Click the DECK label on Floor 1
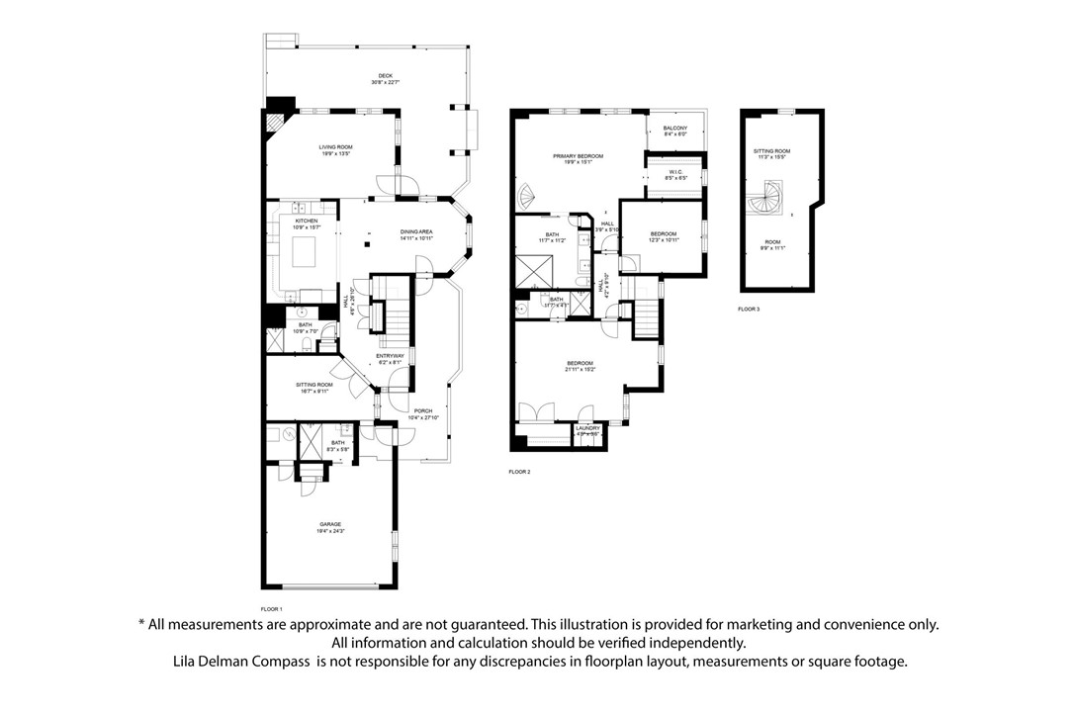[385, 79]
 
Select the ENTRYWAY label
[390, 358]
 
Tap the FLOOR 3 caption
[749, 310]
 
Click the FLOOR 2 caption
[519, 473]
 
